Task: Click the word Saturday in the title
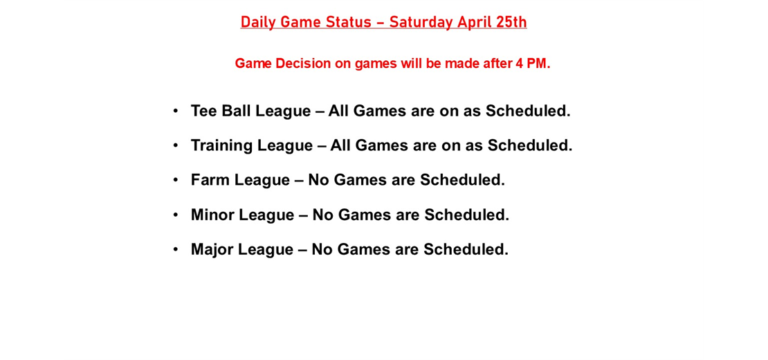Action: tap(421, 22)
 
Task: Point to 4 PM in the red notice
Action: tap(533, 64)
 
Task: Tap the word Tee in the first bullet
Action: tap(203, 111)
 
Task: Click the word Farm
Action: tap(210, 180)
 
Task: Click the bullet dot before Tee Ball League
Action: tap(176, 111)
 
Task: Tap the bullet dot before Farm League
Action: tap(176, 180)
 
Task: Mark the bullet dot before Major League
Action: tap(176, 249)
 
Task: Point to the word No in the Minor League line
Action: tap(323, 215)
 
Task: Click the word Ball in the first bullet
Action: tap(236, 111)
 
